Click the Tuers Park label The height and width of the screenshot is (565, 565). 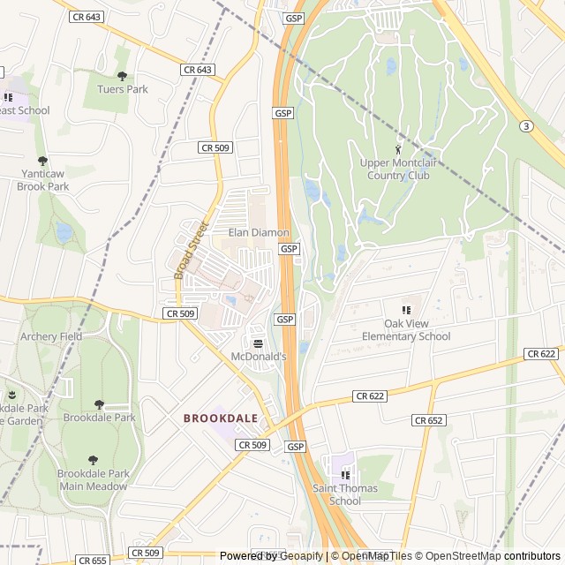click(123, 89)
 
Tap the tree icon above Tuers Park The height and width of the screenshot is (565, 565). click(123, 76)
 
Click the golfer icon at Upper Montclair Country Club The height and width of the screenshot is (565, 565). click(397, 148)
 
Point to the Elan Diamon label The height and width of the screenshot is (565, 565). click(259, 232)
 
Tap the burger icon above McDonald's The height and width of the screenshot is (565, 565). click(258, 343)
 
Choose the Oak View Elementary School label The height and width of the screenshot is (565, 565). click(406, 330)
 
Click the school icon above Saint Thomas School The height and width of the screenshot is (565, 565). click(345, 475)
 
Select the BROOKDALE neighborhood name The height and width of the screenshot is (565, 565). click(221, 418)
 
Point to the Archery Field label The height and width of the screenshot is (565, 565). click(51, 336)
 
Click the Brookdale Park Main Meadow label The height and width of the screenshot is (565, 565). click(94, 479)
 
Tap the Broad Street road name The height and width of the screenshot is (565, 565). click(189, 250)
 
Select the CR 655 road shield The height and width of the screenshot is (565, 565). click(93, 560)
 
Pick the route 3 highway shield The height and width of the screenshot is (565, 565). click(526, 126)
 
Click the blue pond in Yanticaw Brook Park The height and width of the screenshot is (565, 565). click(64, 232)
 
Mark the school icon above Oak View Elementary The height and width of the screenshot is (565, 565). click(406, 310)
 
